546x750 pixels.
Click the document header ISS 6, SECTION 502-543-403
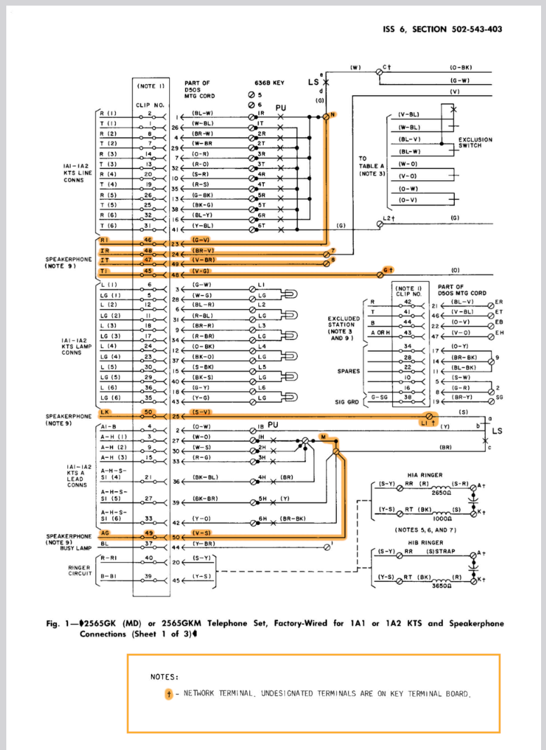tap(442, 29)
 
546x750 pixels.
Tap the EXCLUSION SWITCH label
tap(475, 142)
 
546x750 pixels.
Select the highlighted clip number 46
tap(148, 240)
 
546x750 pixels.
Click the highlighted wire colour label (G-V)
tap(200, 240)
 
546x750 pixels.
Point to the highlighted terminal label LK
tap(103, 411)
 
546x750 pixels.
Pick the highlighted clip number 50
tap(148, 411)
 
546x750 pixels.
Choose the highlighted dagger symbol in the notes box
tap(168, 695)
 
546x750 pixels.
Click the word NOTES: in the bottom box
tap(164, 677)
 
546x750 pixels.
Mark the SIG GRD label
tap(344, 403)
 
